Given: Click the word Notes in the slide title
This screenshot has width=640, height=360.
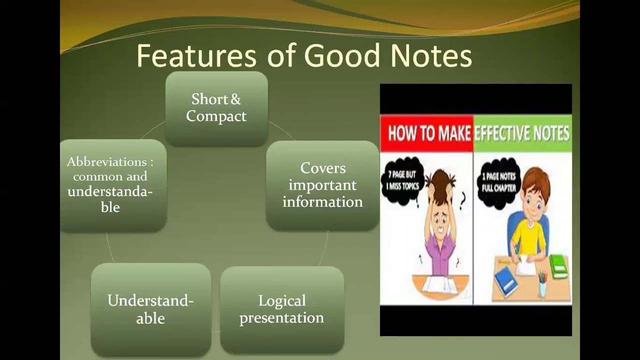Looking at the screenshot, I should (x=431, y=55).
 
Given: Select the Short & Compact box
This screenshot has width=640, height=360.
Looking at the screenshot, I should (x=216, y=108).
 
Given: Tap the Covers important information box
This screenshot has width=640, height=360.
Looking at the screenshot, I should (x=322, y=185).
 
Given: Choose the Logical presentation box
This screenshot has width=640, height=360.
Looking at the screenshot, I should (x=282, y=310).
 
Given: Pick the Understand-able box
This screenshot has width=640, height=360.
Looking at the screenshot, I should (x=150, y=310).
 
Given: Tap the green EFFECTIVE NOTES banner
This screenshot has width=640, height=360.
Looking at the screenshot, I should (x=522, y=133).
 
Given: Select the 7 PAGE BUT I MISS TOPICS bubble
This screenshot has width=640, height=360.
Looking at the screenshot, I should (x=402, y=181).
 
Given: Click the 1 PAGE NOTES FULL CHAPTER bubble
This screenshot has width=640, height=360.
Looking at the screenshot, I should (x=498, y=181).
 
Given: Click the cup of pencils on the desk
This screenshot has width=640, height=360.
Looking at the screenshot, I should (x=542, y=285).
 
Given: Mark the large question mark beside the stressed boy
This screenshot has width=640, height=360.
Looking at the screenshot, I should (x=462, y=199).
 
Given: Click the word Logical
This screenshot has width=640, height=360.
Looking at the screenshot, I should (x=282, y=301).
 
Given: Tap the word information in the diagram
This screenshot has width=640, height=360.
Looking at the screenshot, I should (x=322, y=202).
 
